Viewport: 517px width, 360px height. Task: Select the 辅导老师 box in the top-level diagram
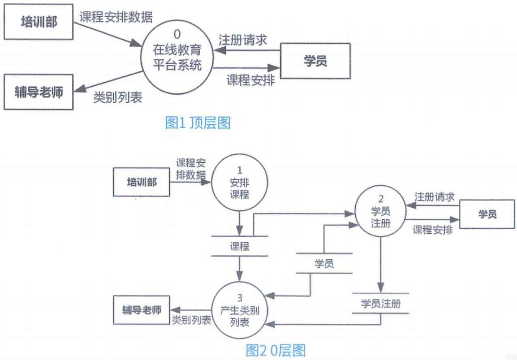click(38, 92)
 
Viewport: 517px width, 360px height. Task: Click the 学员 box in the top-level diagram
click(315, 60)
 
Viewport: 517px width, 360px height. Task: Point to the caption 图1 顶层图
click(198, 123)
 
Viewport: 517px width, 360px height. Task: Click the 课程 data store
click(240, 246)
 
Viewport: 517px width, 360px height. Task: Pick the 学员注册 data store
click(381, 303)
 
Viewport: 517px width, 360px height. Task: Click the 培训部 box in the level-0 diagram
click(141, 182)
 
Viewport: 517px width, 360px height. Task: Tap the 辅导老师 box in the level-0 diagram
click(141, 310)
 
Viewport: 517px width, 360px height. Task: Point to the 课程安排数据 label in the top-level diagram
click(116, 17)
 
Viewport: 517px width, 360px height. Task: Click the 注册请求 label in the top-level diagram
click(242, 39)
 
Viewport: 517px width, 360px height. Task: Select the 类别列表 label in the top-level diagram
click(118, 98)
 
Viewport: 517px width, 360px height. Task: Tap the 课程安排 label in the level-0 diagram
click(433, 230)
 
